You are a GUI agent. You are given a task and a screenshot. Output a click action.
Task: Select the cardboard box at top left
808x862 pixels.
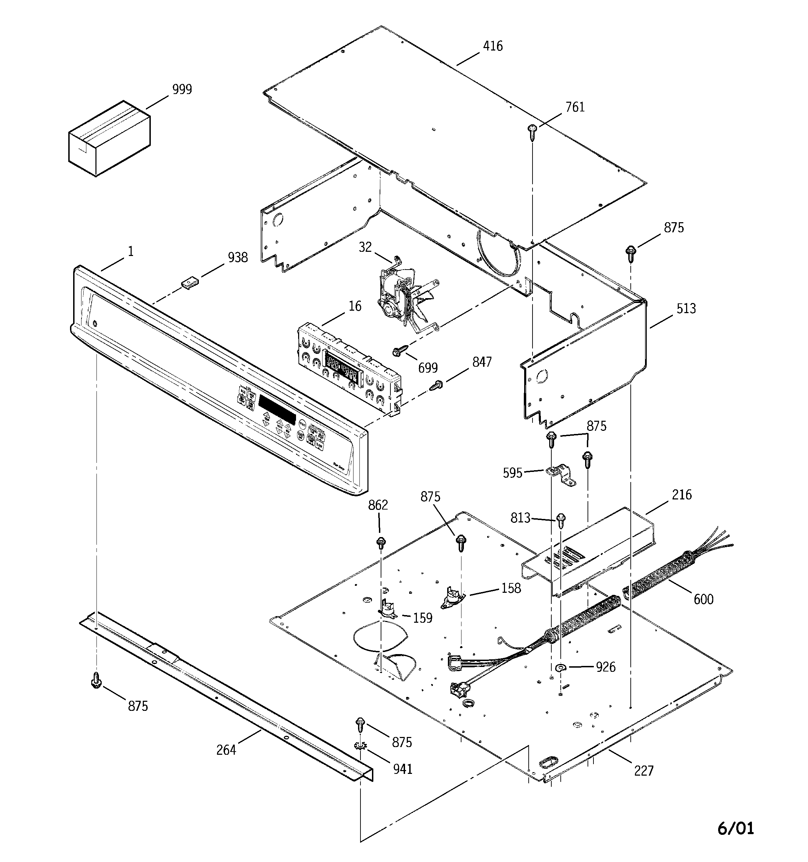[x=109, y=139]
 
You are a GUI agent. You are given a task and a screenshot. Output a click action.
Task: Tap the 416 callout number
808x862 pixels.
[x=493, y=46]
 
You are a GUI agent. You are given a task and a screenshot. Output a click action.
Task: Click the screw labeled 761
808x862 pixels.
[x=532, y=131]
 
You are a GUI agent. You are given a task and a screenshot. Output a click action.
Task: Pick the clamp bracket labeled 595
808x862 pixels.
[x=561, y=475]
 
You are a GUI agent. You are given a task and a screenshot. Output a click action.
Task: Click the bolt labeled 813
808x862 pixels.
[x=560, y=520]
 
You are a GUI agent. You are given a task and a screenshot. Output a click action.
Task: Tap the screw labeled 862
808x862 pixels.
[x=381, y=542]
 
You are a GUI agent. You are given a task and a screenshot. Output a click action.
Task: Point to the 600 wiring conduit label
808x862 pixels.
[x=703, y=599]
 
